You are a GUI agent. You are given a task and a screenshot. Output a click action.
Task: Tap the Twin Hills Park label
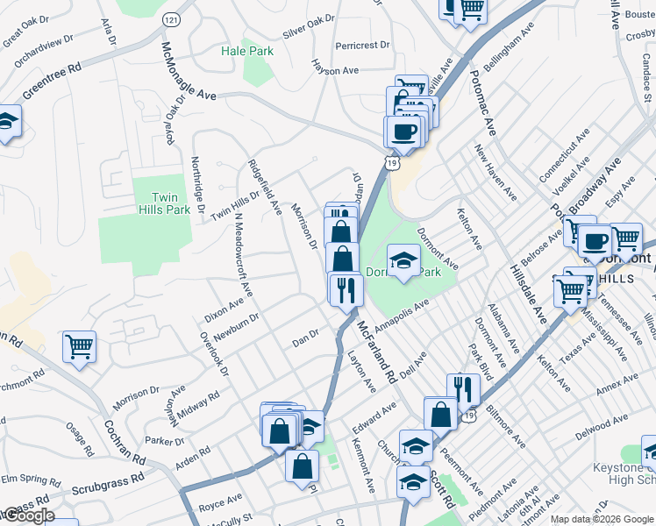point(165,203)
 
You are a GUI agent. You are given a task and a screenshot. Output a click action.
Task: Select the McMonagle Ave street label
point(188,69)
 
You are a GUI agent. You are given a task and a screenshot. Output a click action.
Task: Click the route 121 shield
point(171,18)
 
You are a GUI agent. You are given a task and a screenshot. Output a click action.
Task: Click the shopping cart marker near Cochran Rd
point(79,348)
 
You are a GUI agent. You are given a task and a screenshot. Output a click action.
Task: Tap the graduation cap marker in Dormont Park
point(403,260)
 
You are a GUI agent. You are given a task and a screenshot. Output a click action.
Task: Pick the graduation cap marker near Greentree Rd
point(6,123)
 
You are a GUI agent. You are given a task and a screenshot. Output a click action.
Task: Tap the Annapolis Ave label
point(400,316)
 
